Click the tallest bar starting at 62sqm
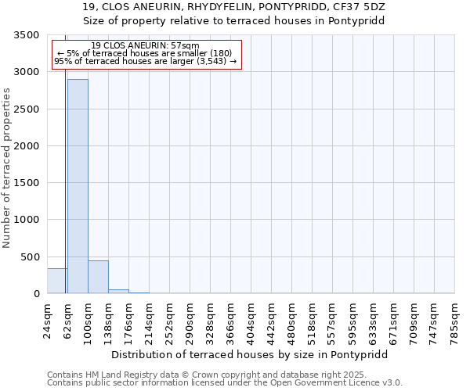(78, 186)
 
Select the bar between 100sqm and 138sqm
(98, 277)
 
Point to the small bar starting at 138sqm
(118, 291)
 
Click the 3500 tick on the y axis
(27, 36)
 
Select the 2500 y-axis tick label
(27, 109)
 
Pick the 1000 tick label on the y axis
(27, 220)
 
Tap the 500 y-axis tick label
(30, 257)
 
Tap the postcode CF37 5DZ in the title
(362, 7)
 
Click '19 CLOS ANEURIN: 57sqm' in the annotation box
(145, 46)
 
